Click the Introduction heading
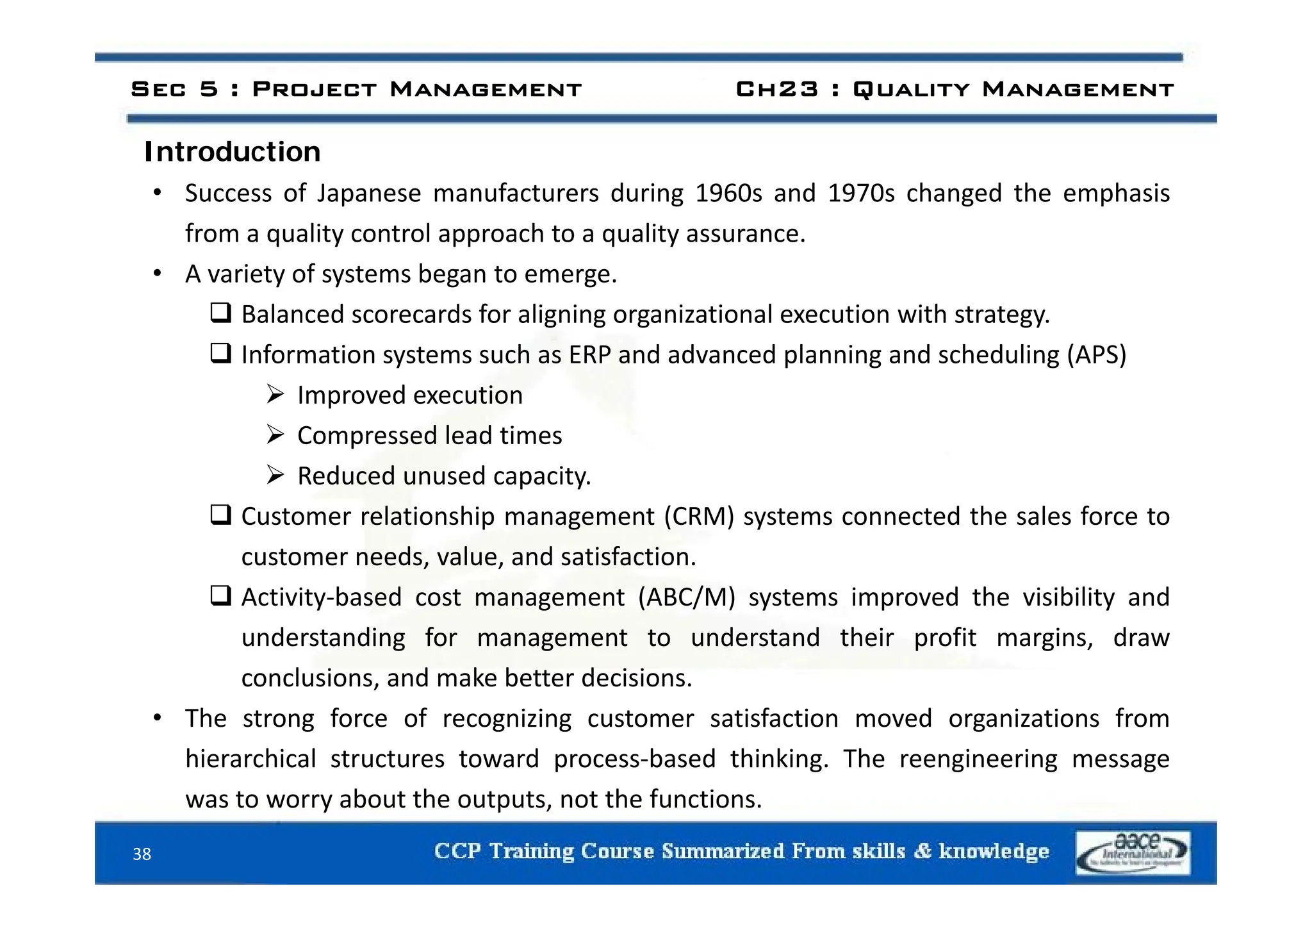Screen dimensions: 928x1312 point(232,153)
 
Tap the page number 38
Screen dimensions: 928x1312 point(142,854)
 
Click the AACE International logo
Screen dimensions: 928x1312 point(1133,853)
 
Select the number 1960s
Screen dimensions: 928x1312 point(728,194)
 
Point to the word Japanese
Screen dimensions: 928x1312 point(369,194)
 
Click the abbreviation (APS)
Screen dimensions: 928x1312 point(1096,355)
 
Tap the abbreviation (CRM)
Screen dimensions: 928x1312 point(699,517)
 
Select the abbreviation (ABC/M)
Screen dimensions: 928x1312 point(686,597)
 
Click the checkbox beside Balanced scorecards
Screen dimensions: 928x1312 point(221,313)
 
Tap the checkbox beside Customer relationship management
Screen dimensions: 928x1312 point(221,515)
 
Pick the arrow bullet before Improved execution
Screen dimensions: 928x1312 point(275,395)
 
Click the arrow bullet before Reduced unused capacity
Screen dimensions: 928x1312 point(275,476)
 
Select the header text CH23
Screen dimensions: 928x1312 point(776,89)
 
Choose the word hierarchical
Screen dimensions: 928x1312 point(250,759)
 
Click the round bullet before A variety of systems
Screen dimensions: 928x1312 point(158,274)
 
